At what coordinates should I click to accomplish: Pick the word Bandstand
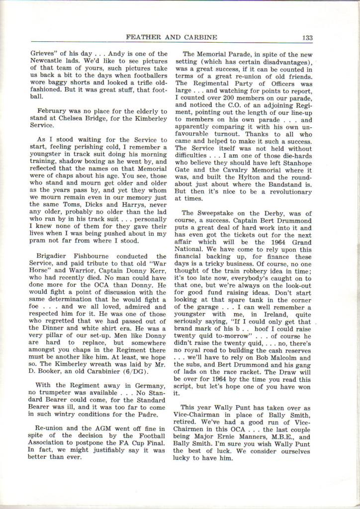(x=289, y=184)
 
